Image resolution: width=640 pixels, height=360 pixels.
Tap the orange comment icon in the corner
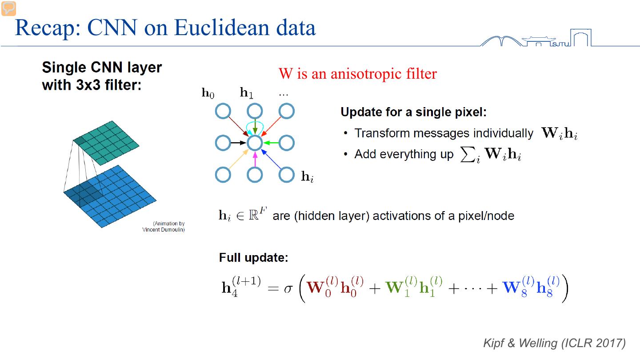click(8, 8)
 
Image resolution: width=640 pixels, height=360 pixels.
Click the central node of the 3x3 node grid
click(255, 143)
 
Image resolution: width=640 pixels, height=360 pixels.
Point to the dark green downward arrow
click(255, 128)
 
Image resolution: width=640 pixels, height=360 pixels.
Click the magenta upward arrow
click(255, 159)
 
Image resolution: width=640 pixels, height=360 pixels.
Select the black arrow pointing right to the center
click(239, 143)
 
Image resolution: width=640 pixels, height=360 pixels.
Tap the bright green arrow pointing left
click(271, 143)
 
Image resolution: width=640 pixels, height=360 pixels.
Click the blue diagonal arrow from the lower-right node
click(271, 159)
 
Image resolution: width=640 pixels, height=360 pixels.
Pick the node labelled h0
click(223, 111)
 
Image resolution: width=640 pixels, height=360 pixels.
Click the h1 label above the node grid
click(247, 93)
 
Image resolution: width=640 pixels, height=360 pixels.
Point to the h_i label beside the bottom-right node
click(307, 177)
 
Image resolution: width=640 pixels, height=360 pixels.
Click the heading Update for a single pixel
click(413, 112)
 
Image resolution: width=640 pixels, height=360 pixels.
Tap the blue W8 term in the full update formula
click(516, 288)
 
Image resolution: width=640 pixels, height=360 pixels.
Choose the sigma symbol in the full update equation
click(289, 288)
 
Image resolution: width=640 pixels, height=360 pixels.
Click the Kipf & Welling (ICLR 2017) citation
click(554, 343)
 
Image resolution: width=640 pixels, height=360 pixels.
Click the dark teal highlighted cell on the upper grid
click(80, 141)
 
